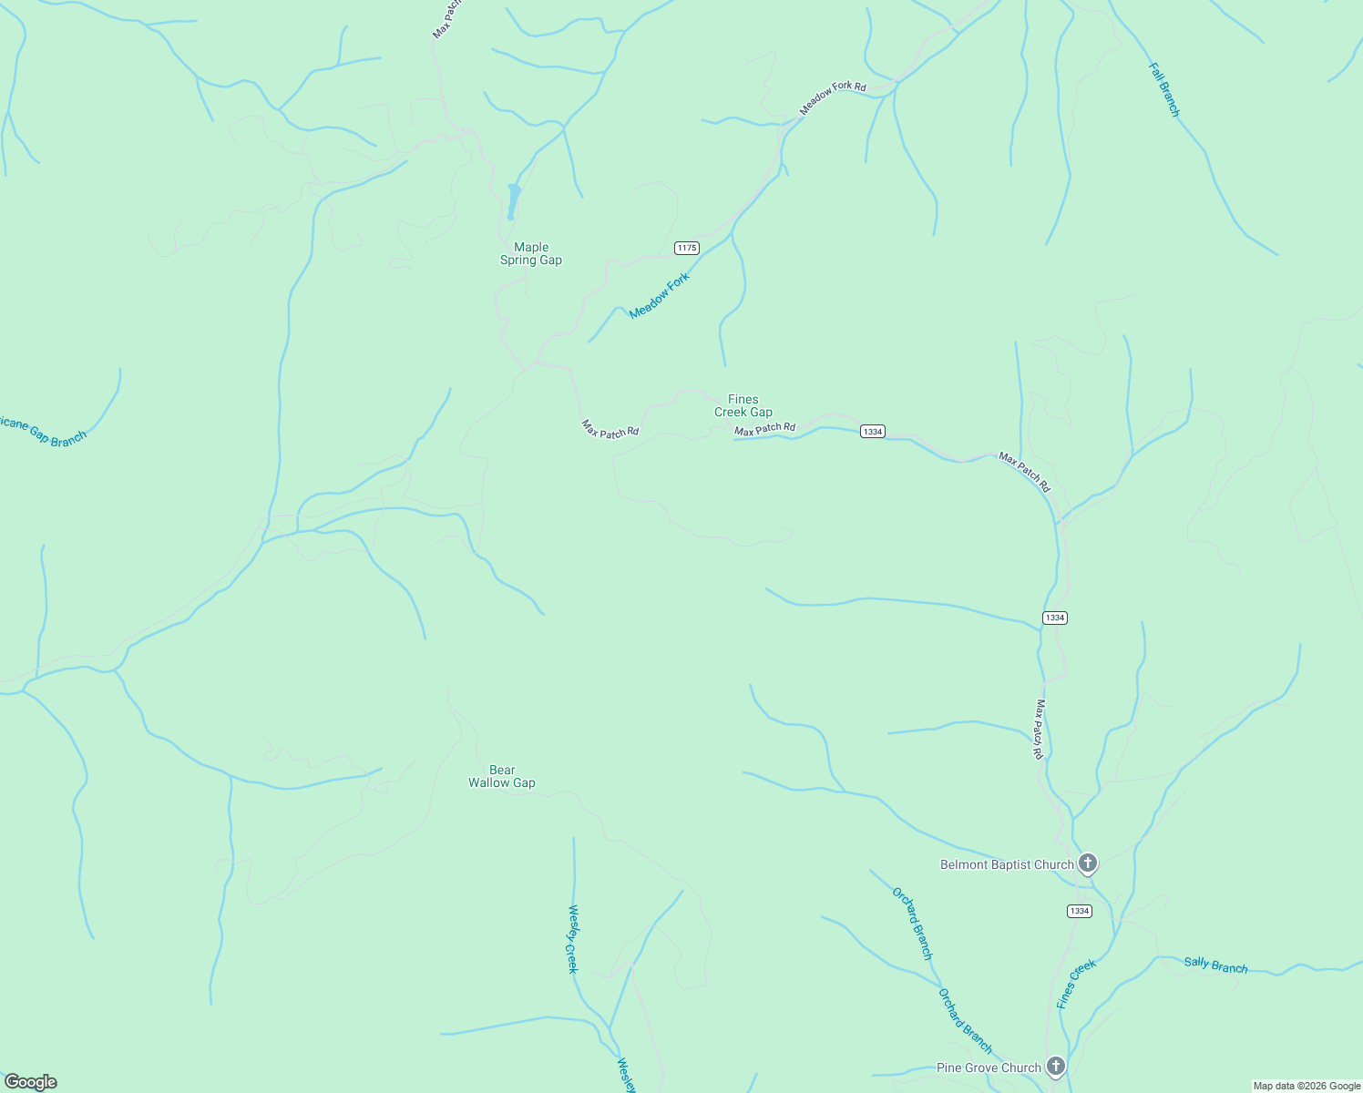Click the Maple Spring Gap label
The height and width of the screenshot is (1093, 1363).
click(531, 253)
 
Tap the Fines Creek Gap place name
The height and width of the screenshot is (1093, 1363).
click(743, 405)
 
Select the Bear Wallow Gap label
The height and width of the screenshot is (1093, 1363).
click(502, 776)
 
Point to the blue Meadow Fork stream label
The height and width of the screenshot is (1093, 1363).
click(660, 296)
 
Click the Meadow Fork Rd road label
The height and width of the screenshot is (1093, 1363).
click(833, 97)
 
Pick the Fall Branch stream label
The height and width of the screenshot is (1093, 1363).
click(1163, 89)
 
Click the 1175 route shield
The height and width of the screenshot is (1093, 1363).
click(687, 248)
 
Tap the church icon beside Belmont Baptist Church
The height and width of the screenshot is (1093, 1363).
click(1087, 863)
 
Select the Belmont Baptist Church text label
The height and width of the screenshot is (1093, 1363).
click(1007, 864)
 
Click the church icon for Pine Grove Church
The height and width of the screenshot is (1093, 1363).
click(1056, 1066)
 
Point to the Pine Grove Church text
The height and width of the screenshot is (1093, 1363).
click(989, 1067)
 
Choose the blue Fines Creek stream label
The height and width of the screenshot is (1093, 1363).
click(1076, 984)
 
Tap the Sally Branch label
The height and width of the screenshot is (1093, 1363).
click(1215, 965)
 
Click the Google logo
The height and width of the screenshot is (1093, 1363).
click(30, 1082)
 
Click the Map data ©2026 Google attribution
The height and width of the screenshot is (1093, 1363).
click(1307, 1086)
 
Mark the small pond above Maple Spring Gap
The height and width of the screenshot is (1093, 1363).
click(514, 199)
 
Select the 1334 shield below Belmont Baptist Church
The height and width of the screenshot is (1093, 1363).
click(1079, 911)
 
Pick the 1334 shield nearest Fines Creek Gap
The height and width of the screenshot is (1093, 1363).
click(873, 431)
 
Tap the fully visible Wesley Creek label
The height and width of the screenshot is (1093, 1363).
click(573, 938)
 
